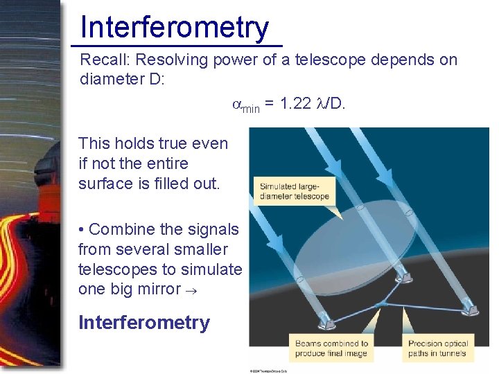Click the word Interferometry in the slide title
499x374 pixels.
174,28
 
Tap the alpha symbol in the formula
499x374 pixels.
236,105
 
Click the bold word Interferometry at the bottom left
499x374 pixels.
144,323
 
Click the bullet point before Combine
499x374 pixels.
82,229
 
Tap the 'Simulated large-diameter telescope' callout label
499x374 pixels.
294,190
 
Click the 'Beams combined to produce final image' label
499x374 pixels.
331,348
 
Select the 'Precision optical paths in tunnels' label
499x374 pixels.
437,348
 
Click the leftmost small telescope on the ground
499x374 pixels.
324,322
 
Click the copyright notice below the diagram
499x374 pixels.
268,371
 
